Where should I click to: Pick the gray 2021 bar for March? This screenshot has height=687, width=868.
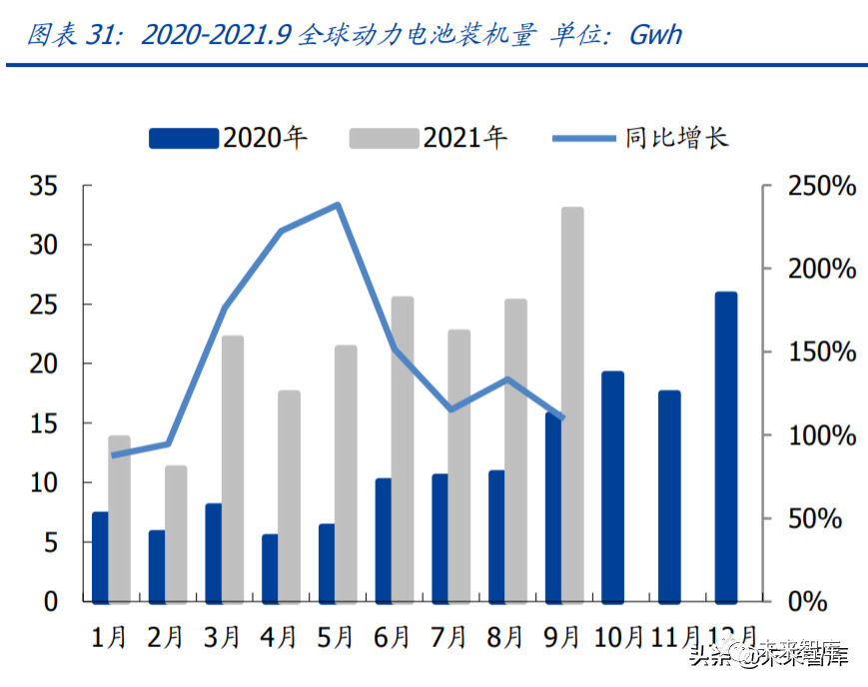(x=232, y=469)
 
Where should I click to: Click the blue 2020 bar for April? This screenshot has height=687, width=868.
(x=270, y=568)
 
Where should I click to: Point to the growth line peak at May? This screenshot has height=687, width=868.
(x=339, y=205)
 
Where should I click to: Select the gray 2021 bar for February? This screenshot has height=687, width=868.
(x=176, y=534)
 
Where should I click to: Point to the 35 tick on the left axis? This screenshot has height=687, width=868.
(x=43, y=186)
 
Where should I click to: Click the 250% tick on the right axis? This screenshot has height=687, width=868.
(x=821, y=186)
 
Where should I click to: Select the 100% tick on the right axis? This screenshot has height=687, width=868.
(x=821, y=435)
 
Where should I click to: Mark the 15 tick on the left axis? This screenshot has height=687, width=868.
(x=43, y=423)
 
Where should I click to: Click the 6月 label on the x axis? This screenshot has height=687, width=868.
(x=393, y=636)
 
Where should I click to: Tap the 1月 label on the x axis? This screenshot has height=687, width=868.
(x=109, y=636)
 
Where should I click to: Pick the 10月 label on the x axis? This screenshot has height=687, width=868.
(x=617, y=636)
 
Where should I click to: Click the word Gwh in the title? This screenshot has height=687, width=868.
(x=656, y=35)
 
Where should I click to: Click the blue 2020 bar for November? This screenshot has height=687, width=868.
(x=669, y=496)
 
